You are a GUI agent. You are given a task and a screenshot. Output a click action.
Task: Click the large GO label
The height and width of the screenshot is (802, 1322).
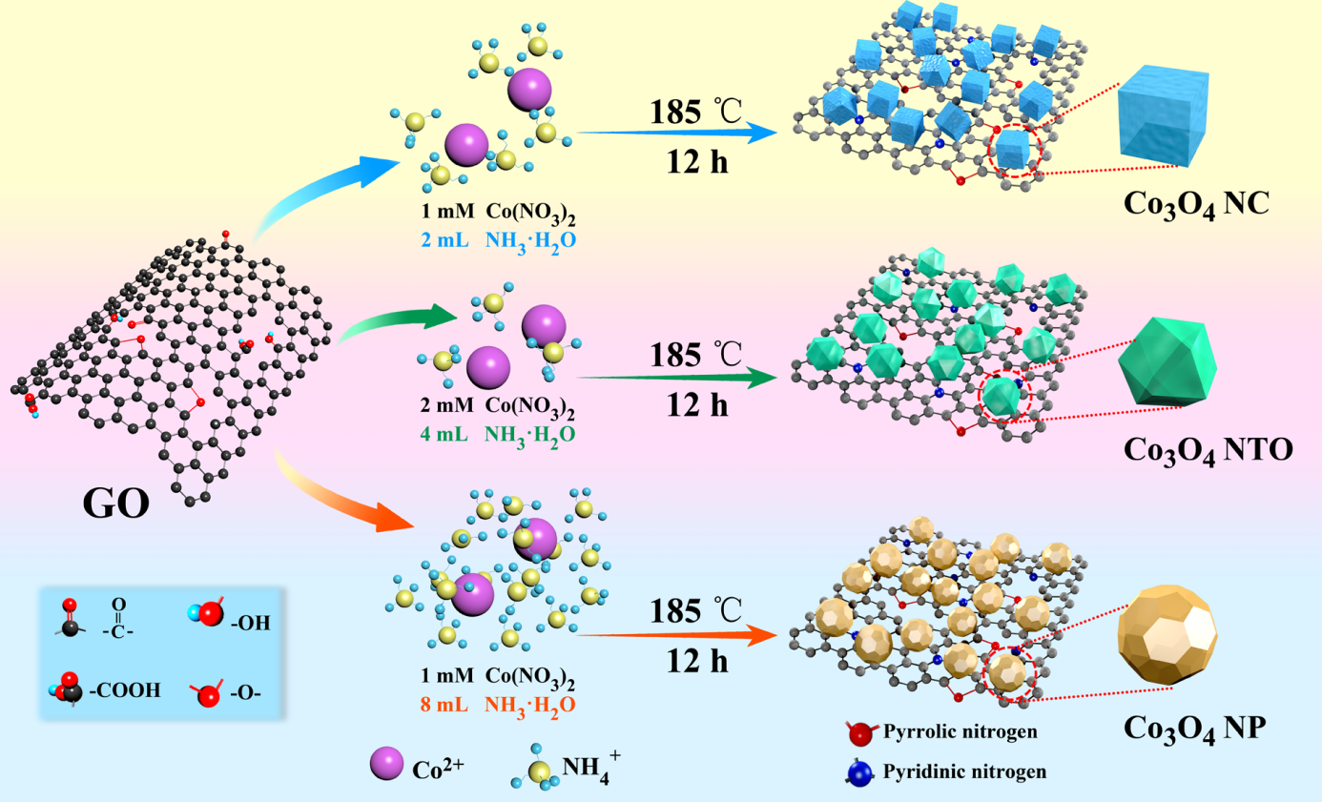[115, 504]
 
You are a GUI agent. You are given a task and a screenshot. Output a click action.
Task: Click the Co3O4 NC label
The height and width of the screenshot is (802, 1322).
[1196, 204]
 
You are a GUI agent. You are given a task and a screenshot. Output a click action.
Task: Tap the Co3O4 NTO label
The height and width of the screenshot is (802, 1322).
[1208, 451]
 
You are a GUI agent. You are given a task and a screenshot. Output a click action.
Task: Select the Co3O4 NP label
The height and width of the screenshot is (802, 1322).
[1194, 729]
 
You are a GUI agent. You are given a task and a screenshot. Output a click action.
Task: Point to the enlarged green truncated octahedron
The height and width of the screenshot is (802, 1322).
[1167, 361]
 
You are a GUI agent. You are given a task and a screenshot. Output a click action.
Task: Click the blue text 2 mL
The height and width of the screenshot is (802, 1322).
[445, 240]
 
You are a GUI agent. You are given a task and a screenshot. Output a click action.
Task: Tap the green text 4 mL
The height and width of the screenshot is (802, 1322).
[444, 434]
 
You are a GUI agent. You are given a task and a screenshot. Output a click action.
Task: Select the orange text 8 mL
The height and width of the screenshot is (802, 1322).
[444, 705]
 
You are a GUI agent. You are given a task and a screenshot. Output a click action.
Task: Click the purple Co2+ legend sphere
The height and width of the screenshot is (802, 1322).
[386, 763]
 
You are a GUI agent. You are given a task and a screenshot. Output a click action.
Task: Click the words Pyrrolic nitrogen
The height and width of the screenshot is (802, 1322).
[961, 731]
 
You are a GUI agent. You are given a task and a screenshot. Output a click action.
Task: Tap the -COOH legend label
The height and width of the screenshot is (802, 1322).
[125, 689]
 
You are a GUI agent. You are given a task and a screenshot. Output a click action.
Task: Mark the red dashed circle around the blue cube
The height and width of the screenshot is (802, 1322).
[1015, 151]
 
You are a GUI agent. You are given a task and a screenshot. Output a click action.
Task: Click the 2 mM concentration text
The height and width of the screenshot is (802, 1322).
[446, 405]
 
